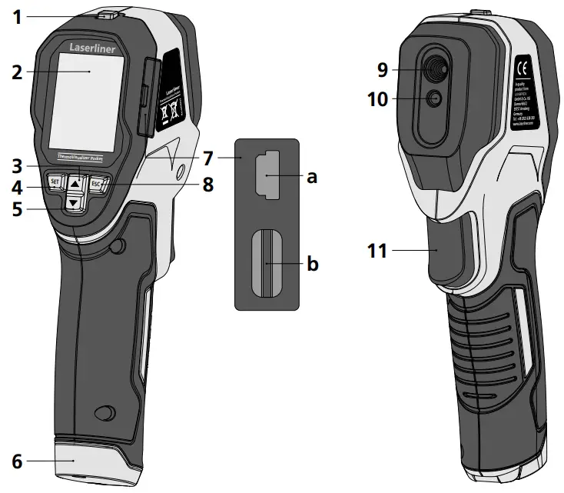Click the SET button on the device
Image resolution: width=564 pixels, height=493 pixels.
[54, 183]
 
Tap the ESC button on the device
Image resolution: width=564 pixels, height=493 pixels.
[96, 184]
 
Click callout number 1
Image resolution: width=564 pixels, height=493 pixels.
[16, 15]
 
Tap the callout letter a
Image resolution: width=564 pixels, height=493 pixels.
[312, 177]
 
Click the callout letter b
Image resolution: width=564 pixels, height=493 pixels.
[313, 264]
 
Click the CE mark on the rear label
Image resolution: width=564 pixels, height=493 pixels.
[520, 65]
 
